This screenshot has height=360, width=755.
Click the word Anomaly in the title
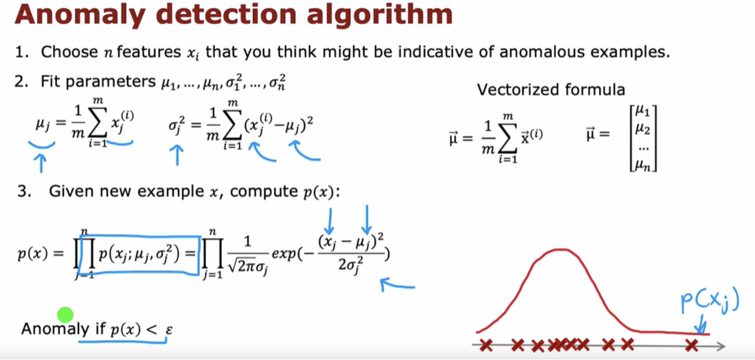[x=80, y=16]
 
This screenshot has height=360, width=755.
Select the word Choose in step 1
[x=69, y=52]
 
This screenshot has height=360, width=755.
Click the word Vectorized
[x=518, y=89]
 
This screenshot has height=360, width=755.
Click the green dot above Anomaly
[x=66, y=315]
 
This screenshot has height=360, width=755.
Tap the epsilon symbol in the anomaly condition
[x=169, y=329]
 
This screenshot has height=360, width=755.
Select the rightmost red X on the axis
[x=691, y=345]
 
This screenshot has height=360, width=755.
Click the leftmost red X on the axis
[x=486, y=345]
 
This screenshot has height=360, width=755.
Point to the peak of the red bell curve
[x=561, y=249]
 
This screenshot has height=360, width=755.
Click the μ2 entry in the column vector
[x=643, y=129]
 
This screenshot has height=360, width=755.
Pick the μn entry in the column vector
[x=643, y=165]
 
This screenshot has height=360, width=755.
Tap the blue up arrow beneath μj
[x=41, y=163]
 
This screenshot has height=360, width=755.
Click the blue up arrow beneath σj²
[x=177, y=155]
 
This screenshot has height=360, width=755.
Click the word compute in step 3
[x=264, y=191]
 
